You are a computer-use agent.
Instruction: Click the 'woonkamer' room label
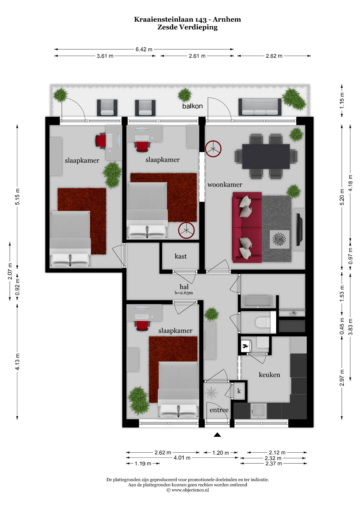click(x=225, y=185)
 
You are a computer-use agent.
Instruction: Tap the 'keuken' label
click(x=269, y=374)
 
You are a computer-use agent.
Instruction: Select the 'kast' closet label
click(x=180, y=256)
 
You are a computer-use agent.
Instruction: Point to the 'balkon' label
click(x=192, y=106)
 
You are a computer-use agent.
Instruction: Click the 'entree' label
click(x=219, y=410)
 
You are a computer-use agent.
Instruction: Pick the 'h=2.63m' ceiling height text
click(x=184, y=293)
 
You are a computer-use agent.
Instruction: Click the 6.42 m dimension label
click(x=144, y=49)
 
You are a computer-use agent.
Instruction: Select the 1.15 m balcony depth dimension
click(x=342, y=100)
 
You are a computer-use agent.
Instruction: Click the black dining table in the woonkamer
click(x=266, y=156)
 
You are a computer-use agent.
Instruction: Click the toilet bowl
click(x=263, y=322)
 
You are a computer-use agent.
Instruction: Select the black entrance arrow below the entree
click(x=217, y=435)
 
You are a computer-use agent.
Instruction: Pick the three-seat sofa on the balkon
click(x=260, y=107)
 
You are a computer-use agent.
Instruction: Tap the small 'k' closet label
click(x=239, y=391)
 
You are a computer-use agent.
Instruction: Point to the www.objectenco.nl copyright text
click(x=188, y=490)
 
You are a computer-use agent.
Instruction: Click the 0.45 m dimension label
click(x=342, y=327)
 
